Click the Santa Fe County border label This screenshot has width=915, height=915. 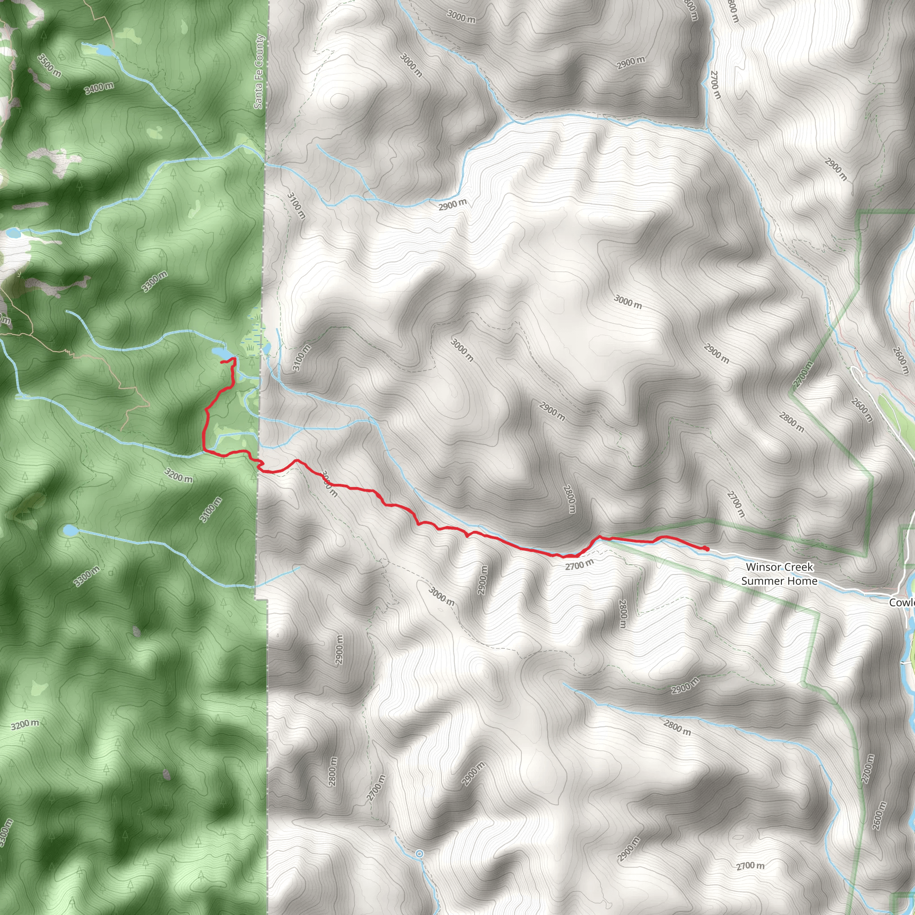tap(259, 71)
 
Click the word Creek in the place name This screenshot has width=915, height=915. tap(800, 567)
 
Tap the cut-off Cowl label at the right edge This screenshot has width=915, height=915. tap(902, 602)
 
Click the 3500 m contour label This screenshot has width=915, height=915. tap(49, 66)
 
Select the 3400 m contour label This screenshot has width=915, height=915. tap(100, 88)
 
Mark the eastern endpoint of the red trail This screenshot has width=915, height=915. tap(707, 549)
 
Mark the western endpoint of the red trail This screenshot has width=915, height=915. tap(222, 362)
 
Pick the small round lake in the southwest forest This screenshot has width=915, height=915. tap(70, 530)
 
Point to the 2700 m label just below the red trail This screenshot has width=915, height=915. tap(579, 565)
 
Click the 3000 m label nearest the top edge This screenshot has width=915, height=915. tap(461, 17)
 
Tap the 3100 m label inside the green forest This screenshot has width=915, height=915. tap(210, 510)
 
